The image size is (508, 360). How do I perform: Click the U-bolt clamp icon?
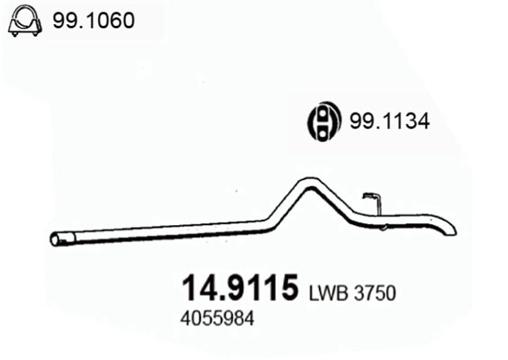coord(24,22)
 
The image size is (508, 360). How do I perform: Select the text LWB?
coord(329,293)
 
